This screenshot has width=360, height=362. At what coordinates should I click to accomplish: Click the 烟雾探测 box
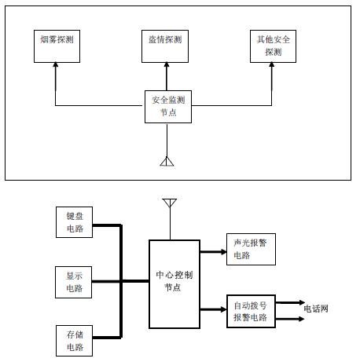point(57,46)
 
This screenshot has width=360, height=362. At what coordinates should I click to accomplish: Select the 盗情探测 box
point(165,46)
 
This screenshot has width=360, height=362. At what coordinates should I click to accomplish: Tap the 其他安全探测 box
point(273,46)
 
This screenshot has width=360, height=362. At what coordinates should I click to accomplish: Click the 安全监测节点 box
point(168,107)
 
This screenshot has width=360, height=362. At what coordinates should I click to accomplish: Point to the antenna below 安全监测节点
point(167,162)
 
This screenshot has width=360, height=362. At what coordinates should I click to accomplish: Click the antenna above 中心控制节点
point(170,203)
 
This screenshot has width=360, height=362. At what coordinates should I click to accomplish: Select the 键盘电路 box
point(74,222)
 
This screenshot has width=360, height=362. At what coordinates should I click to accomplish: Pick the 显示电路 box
point(74,282)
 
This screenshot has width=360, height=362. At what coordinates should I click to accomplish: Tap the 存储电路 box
point(74,341)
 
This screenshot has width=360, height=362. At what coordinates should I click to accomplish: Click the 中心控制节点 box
point(174,284)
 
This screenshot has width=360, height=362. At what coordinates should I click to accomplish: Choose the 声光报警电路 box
point(251,249)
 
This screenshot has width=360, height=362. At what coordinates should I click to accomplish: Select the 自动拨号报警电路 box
point(251,311)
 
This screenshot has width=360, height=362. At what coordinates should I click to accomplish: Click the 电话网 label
point(316,309)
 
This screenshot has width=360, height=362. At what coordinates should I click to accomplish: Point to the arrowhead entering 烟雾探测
point(56,64)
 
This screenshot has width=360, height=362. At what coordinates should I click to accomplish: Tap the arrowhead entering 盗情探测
point(167,64)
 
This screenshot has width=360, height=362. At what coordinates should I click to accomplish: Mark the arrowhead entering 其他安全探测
point(272,64)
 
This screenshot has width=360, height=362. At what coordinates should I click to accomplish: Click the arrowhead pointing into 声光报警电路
point(223,252)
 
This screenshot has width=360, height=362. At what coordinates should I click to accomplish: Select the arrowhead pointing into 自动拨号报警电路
point(223,309)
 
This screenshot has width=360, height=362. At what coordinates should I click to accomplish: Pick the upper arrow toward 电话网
point(290,302)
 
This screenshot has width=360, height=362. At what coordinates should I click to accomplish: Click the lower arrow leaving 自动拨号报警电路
point(290,319)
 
